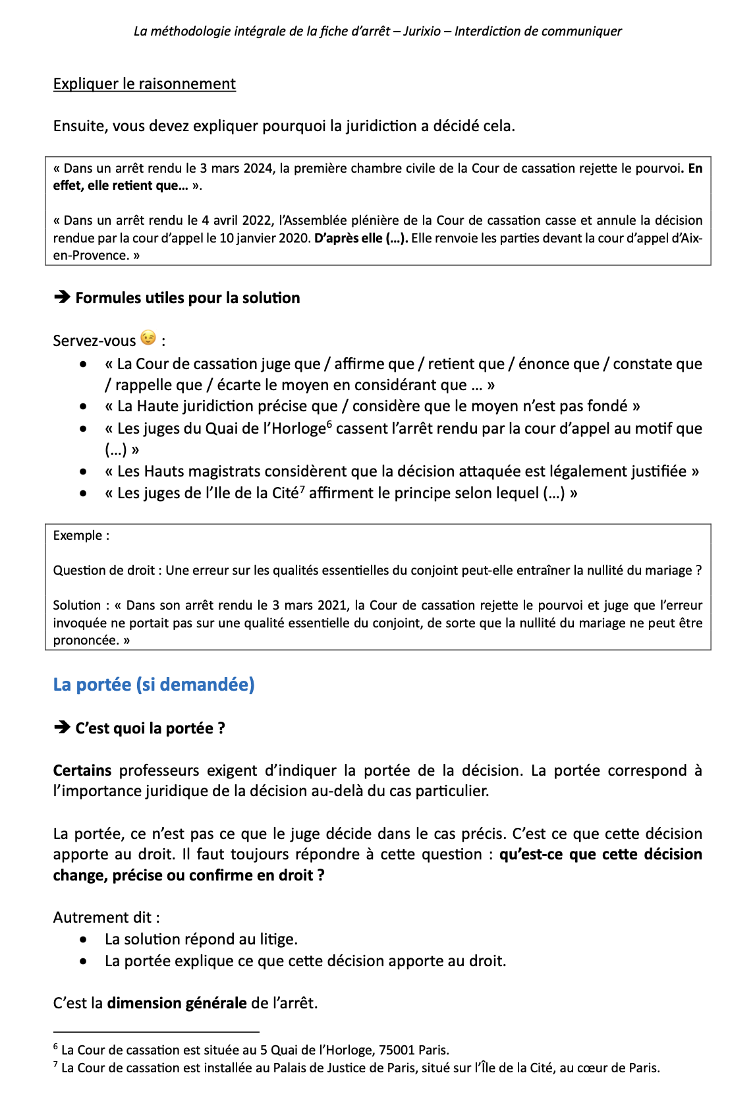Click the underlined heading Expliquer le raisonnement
[144, 84]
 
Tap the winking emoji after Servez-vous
[149, 338]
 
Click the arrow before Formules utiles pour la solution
[62, 298]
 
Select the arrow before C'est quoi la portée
[62, 728]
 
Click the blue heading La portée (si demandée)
[154, 685]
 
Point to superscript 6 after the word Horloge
[329, 424]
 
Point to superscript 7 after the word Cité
[302, 488]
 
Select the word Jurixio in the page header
[422, 32]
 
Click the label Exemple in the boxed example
[78, 536]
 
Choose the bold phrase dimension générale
[177, 1004]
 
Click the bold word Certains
[82, 771]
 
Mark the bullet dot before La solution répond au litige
[83, 940]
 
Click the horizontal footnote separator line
[156, 1031]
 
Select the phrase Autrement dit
[102, 918]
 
